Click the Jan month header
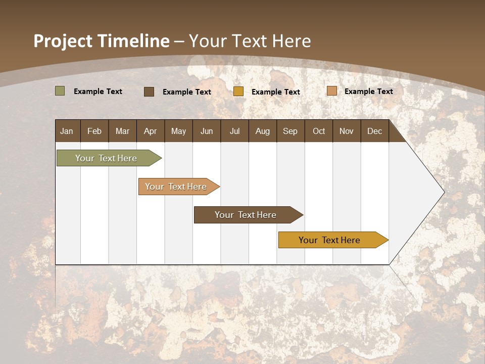pyautogui.click(x=67, y=131)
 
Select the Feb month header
pyautogui.click(x=94, y=131)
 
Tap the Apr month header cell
pyautogui.click(x=151, y=131)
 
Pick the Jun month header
pyautogui.click(x=207, y=131)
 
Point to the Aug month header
pyautogui.click(x=263, y=131)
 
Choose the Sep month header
pyautogui.click(x=290, y=131)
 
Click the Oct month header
pyautogui.click(x=319, y=131)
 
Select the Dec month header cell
pyautogui.click(x=375, y=131)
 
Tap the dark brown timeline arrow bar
pyautogui.click(x=246, y=215)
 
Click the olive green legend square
pyautogui.click(x=60, y=91)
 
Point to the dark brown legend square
pyautogui.click(x=149, y=92)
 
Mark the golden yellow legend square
pyautogui.click(x=238, y=92)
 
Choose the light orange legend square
pyautogui.click(x=332, y=91)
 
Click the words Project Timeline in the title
pyautogui.click(x=102, y=41)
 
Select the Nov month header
pyautogui.click(x=347, y=131)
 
